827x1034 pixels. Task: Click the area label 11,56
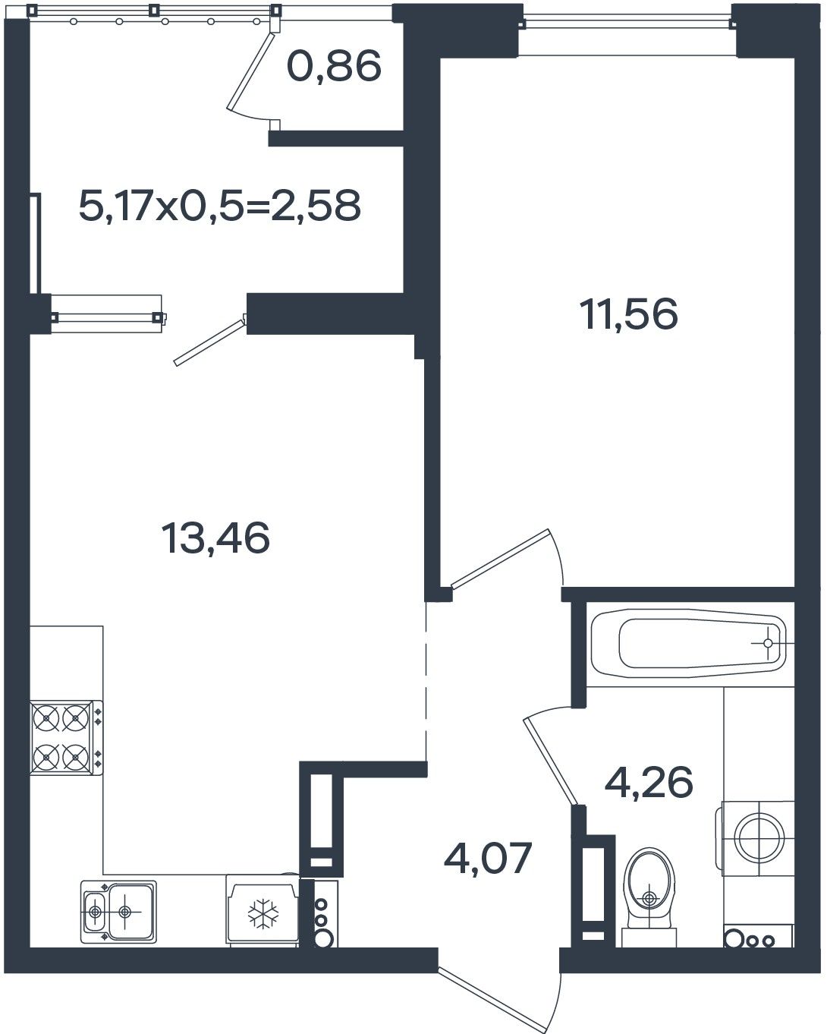click(x=629, y=314)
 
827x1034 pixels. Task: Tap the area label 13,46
click(x=215, y=537)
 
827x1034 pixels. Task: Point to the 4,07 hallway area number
click(x=488, y=858)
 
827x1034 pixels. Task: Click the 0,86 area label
click(x=335, y=66)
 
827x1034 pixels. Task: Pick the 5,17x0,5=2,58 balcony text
click(x=219, y=205)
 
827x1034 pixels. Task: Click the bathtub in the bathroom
click(x=688, y=643)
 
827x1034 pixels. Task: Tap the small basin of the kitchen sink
click(x=95, y=911)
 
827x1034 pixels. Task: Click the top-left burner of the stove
click(x=46, y=718)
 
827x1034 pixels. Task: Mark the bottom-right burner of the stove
click(x=75, y=757)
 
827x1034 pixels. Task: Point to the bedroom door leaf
click(x=500, y=558)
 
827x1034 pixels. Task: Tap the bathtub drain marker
click(x=768, y=643)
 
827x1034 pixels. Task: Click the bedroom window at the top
click(x=628, y=21)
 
